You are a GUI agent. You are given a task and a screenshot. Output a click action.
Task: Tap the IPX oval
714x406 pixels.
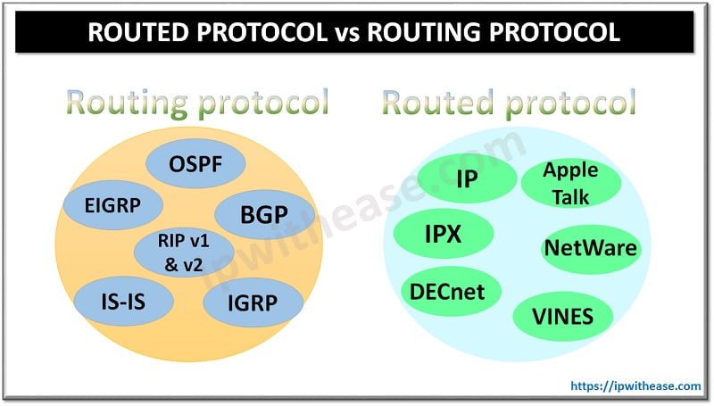pyautogui.click(x=443, y=235)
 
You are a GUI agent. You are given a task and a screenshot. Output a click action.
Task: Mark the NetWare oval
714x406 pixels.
pyautogui.click(x=591, y=246)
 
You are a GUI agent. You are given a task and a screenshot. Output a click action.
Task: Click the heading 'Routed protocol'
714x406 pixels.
pyautogui.click(x=509, y=104)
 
